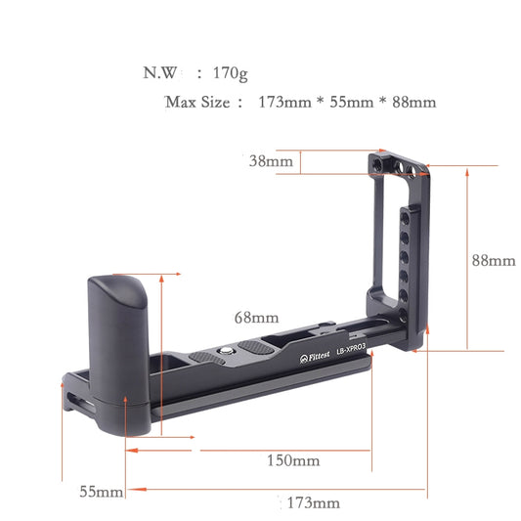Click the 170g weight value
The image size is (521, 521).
coord(232,72)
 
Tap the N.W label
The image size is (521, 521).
coord(159,72)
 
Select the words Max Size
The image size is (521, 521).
coord(197,102)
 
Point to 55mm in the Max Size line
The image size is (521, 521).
coord(346,102)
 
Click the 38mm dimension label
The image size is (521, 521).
coord(270,160)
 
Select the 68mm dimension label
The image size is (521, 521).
coord(256,318)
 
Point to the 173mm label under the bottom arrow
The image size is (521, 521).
coord(313,503)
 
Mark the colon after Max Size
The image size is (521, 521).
coord(239,103)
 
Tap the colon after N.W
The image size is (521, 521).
coord(199,73)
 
